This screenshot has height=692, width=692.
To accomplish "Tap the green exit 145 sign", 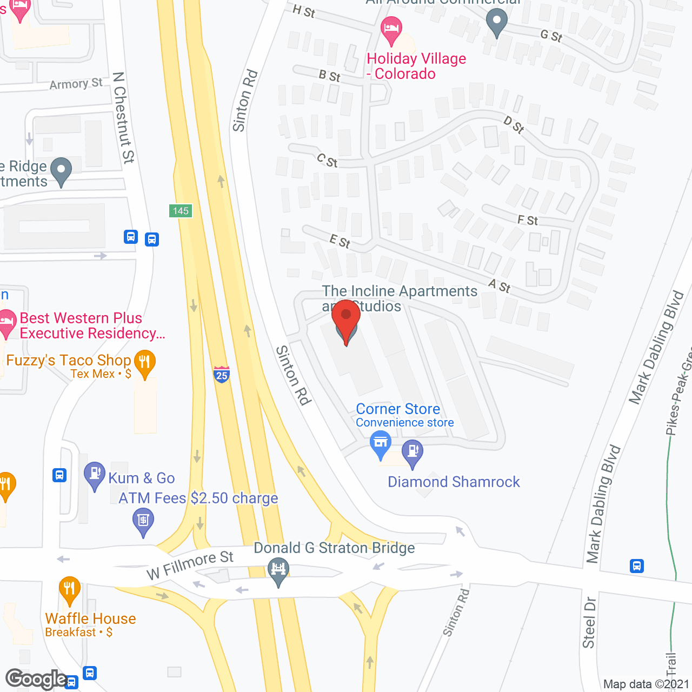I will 181,211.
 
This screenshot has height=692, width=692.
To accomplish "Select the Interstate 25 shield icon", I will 222,374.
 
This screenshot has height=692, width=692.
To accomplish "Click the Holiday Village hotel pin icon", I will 391,30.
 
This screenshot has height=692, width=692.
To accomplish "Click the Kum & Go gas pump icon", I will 95,475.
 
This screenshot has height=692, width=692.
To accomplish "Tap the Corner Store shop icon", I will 381,444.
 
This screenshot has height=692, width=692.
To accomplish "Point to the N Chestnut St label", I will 123,117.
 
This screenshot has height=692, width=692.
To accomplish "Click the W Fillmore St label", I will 190,565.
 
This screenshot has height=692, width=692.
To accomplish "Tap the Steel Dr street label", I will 589,622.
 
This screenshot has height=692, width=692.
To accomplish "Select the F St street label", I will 528,220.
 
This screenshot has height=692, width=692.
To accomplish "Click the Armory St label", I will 76,84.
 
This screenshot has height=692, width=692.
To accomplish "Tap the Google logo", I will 36,679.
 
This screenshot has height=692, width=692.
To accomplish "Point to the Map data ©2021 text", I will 646,684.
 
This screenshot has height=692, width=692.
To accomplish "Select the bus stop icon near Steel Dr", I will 637,566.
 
